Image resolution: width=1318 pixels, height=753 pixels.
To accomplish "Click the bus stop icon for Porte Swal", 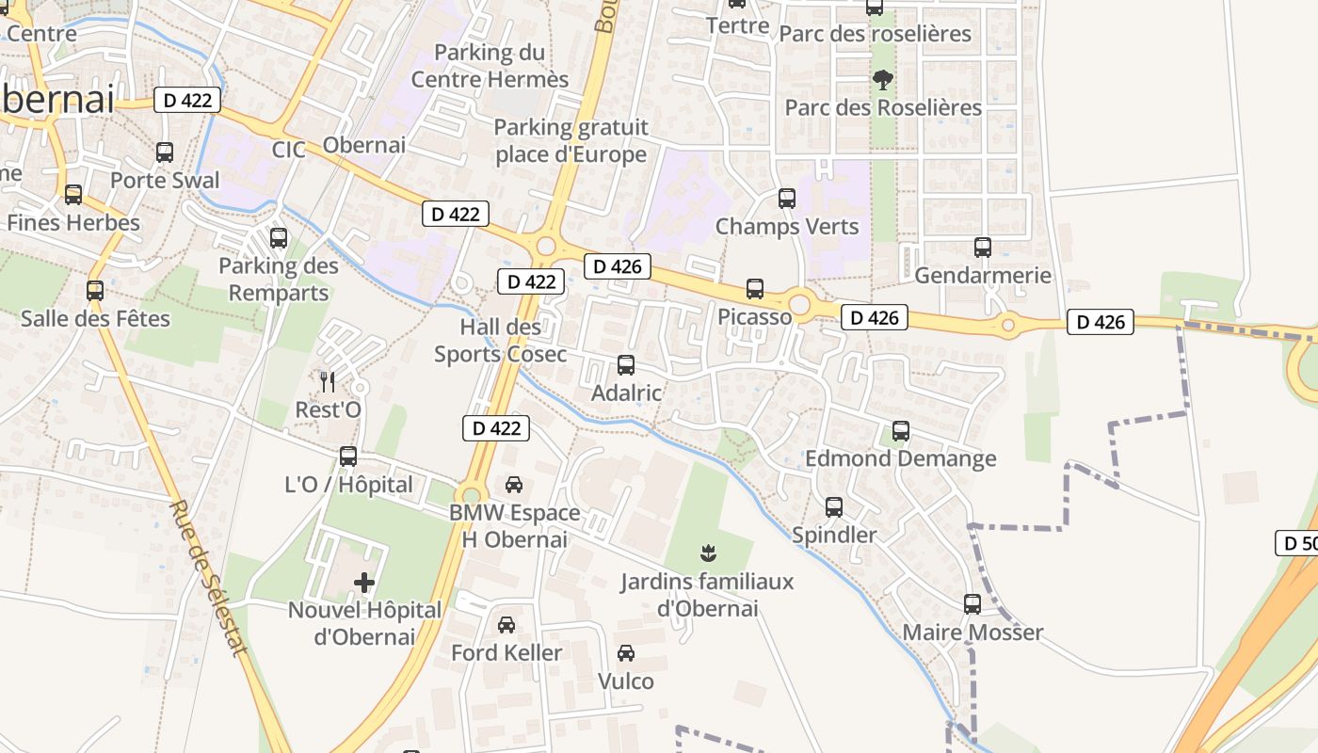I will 165,152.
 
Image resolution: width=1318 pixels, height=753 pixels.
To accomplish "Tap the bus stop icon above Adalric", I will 626,365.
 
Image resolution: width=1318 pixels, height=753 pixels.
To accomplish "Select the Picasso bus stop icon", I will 755,289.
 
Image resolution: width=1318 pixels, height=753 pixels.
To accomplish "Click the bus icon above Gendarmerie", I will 983,248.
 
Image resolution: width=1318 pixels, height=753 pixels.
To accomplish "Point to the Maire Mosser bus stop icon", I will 972,603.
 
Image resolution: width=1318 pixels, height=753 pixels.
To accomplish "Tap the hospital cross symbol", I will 364,583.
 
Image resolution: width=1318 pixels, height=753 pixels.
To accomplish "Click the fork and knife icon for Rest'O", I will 328,381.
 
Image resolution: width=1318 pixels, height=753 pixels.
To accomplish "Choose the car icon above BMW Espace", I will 514,485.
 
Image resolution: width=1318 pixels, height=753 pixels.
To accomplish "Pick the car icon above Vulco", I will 626,653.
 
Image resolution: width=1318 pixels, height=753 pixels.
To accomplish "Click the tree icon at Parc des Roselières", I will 882,80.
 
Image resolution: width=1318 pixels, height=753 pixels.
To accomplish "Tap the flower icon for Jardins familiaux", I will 708,553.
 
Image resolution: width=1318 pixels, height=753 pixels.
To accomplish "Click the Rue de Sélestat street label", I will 209,576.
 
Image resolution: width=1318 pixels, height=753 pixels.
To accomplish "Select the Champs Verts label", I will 787,227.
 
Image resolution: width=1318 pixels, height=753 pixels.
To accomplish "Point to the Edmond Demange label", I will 900,458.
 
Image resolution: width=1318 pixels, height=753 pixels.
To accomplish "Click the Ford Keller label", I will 506,652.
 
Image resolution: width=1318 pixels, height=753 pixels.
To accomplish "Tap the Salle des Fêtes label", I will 96,318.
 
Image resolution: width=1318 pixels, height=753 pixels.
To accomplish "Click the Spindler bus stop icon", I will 834,507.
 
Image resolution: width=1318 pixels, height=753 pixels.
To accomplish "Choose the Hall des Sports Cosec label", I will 500,341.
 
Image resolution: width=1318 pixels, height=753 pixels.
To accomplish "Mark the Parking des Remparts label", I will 279,280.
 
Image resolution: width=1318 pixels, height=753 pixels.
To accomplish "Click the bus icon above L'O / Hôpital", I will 348,457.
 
